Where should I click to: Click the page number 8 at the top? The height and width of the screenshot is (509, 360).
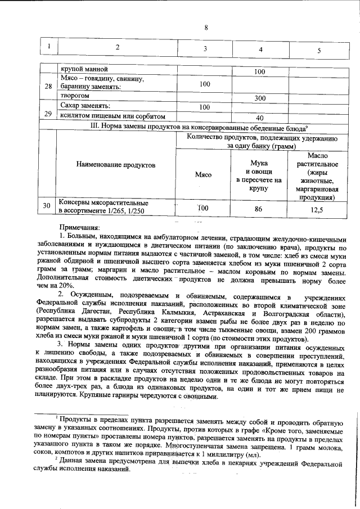206,28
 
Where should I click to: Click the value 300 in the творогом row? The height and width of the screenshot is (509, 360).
260,98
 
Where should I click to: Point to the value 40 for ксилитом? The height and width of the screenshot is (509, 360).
260,118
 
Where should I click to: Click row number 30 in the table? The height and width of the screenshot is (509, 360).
49,206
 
